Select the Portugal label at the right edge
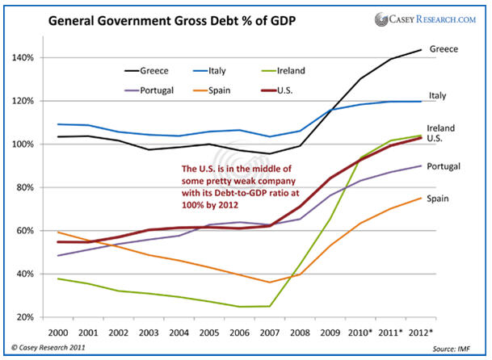pos(468,165)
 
